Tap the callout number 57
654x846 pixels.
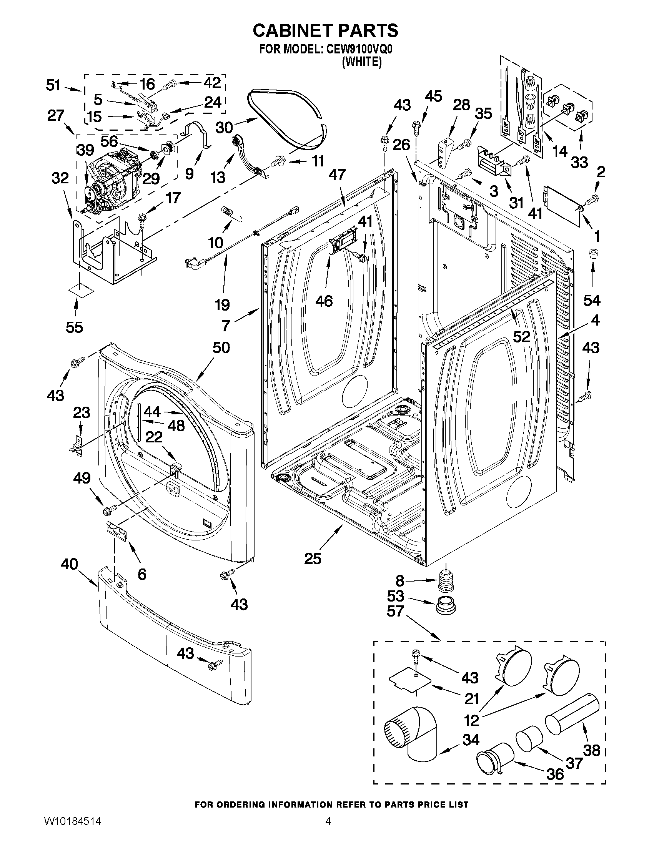click(x=395, y=611)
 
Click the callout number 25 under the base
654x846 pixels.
click(x=313, y=558)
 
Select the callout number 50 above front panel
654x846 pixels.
click(x=221, y=347)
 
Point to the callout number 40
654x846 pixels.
click(x=69, y=564)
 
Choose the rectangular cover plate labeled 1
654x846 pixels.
click(x=562, y=204)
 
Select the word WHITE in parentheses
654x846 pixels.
click(x=362, y=62)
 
